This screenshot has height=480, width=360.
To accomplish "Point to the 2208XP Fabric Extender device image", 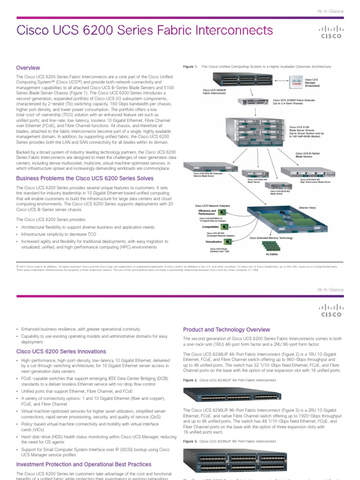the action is (x=254, y=102).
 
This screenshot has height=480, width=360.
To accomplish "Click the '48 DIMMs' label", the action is (x=272, y=255).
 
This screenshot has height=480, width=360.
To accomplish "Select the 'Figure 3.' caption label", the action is (x=190, y=442).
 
